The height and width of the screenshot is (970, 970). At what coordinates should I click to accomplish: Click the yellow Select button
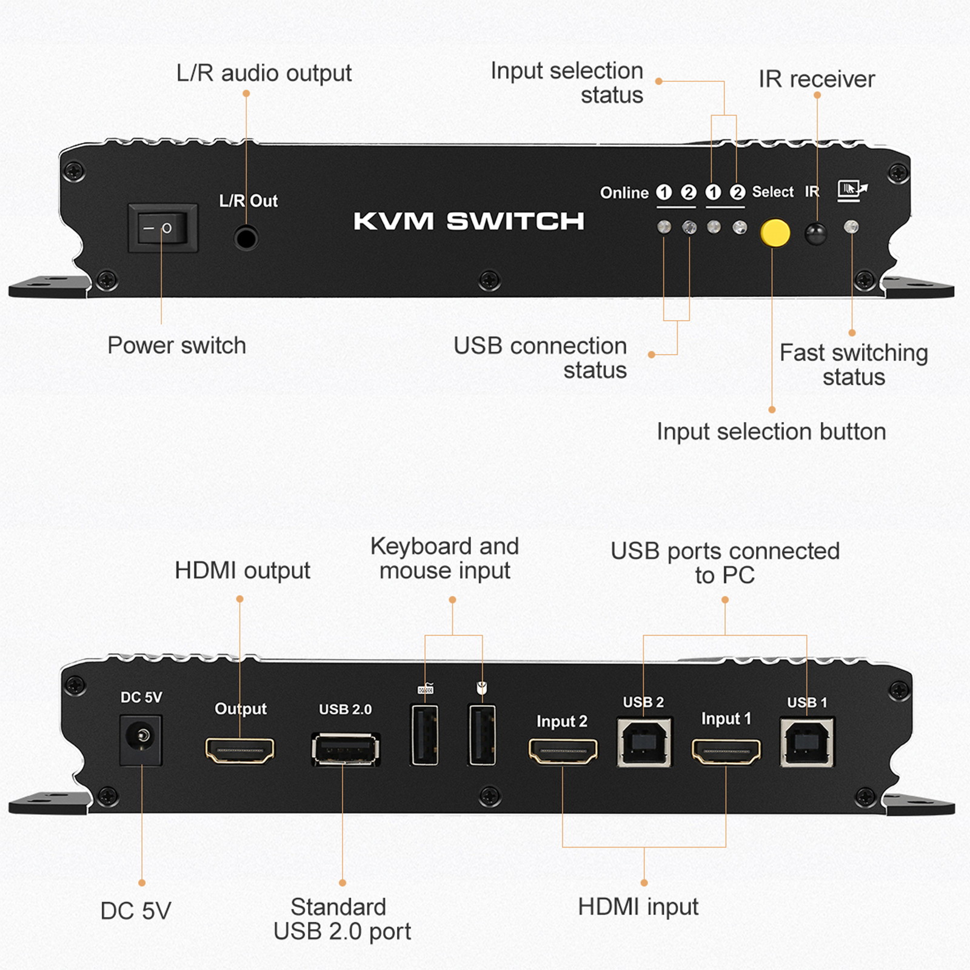[x=775, y=233]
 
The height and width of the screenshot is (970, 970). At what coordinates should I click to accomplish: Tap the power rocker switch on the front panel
[x=162, y=228]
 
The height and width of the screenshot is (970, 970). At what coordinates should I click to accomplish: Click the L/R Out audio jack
[x=246, y=238]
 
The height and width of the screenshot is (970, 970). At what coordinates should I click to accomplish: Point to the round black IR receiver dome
[x=815, y=233]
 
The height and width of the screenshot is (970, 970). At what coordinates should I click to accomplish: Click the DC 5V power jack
[x=141, y=739]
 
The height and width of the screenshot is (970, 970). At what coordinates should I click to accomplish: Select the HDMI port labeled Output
[x=239, y=751]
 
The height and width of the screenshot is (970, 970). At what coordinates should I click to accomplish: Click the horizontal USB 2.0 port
[x=346, y=750]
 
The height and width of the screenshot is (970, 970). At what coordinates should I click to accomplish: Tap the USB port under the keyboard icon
[x=425, y=735]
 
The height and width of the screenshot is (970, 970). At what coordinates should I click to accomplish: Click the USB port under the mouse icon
[x=483, y=735]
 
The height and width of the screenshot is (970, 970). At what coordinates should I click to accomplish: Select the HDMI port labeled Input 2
[x=563, y=751]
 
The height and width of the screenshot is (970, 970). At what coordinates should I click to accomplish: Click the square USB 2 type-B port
[x=644, y=743]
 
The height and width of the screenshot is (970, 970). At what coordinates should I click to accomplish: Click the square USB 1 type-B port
[x=807, y=743]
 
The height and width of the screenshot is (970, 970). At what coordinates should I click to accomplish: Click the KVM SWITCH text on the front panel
[x=469, y=221]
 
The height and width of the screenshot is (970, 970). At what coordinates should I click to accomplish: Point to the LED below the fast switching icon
[x=851, y=227]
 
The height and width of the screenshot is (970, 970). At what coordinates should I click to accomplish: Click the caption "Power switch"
[x=176, y=346]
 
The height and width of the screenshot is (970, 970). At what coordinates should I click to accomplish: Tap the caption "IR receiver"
[x=817, y=79]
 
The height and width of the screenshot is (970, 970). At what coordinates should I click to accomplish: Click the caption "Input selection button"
[x=771, y=432]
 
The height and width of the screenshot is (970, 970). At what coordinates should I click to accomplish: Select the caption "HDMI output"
[x=242, y=570]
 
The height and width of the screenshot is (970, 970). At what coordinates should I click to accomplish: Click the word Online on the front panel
[x=624, y=193]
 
